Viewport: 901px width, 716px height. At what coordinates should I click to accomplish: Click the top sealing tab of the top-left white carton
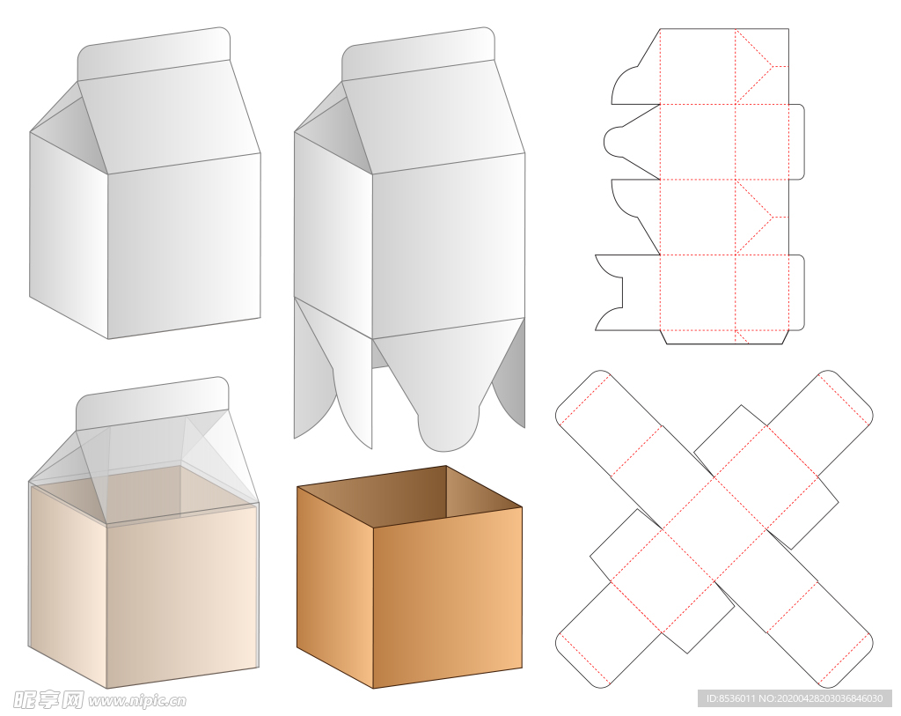click(x=154, y=53)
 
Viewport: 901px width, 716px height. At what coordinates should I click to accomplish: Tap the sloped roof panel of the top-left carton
click(x=169, y=115)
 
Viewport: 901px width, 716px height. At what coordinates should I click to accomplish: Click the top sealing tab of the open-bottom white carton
click(x=418, y=53)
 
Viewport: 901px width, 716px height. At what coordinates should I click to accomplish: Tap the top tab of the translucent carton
click(x=152, y=402)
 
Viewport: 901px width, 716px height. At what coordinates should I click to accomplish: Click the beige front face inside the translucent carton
click(x=182, y=595)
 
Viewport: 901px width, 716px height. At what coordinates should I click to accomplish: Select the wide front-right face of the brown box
click(x=448, y=597)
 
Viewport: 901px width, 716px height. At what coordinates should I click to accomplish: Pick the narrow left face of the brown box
click(x=335, y=587)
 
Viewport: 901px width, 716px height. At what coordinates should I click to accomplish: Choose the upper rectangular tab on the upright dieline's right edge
click(x=796, y=142)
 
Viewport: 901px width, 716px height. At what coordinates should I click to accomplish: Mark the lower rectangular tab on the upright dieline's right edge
click(x=796, y=292)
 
